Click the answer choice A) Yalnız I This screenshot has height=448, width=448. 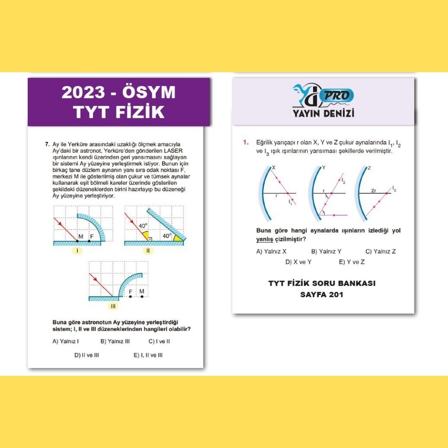click(66, 341)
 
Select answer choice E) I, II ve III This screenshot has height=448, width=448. click(148, 355)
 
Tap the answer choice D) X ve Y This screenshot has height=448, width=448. click(298, 262)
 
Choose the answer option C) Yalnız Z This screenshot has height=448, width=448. click(380, 251)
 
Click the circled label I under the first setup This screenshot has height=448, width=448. click(77, 251)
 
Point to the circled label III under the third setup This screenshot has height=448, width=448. click(113, 306)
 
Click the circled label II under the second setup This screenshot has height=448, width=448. click(148, 251)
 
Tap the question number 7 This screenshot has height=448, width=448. click(47, 144)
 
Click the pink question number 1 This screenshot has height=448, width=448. click(246, 142)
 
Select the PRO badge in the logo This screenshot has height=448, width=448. click(337, 96)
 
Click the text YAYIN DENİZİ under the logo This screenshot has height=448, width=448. click(324, 113)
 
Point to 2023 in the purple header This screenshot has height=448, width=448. click(83, 92)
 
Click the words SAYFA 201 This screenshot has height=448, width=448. click(322, 295)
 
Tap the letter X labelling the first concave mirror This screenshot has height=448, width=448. click(274, 168)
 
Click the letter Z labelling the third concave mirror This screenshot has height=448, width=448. click(369, 168)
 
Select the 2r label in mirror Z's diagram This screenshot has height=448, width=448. click(374, 190)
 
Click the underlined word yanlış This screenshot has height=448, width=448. click(265, 239)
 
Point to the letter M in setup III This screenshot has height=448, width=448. click(142, 292)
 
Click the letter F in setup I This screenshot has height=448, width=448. click(92, 236)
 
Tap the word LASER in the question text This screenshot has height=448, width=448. click(173, 151)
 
